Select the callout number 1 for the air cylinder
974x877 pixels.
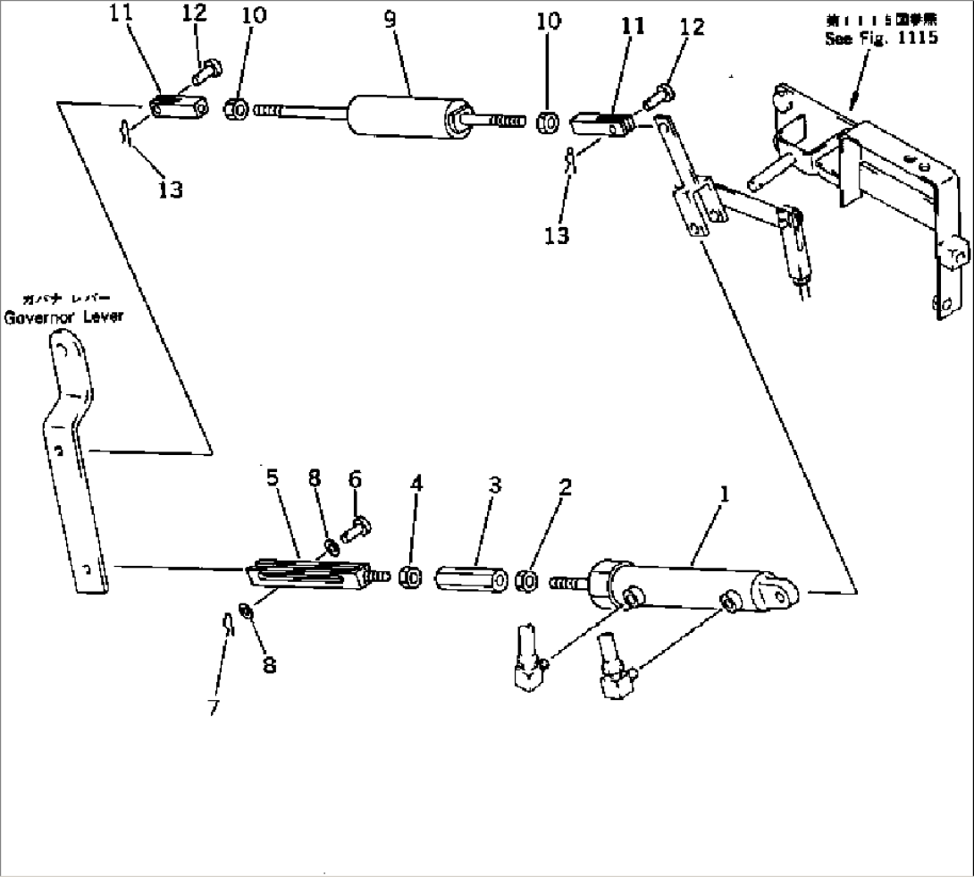click(x=725, y=492)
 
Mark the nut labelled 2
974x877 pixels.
click(x=526, y=582)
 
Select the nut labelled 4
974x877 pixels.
click(x=410, y=578)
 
